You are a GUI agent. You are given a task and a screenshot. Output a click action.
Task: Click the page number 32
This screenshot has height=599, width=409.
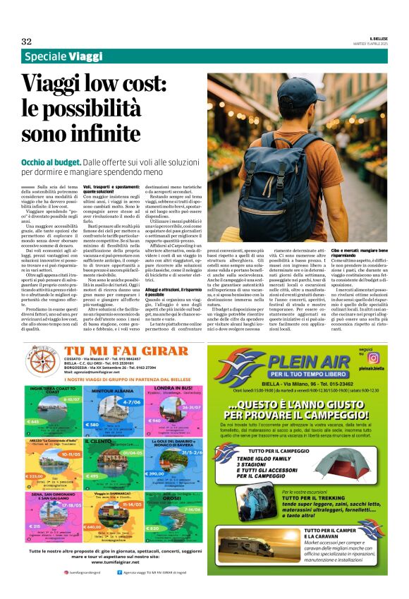click(x=26, y=41)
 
